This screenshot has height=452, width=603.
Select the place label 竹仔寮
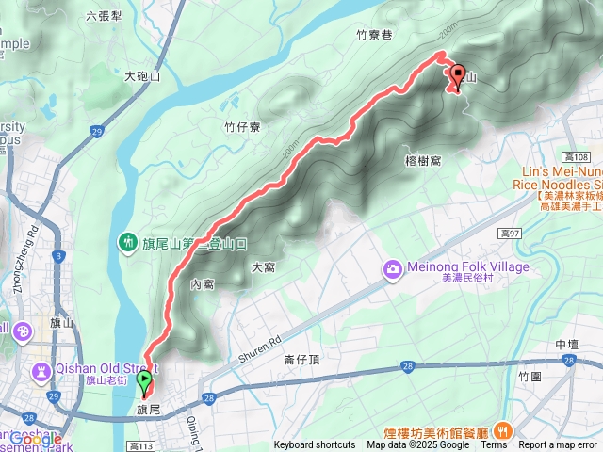[x=242, y=126]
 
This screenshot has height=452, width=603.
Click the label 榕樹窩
[x=423, y=161]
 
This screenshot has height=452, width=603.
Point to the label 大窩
[x=263, y=267]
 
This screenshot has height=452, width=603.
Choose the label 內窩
[x=203, y=283]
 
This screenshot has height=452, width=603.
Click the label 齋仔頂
[x=301, y=359]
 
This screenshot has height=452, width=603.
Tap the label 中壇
[x=567, y=345]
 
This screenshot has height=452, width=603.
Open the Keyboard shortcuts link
[x=315, y=444]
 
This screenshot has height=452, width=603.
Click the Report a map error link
[x=557, y=444]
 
